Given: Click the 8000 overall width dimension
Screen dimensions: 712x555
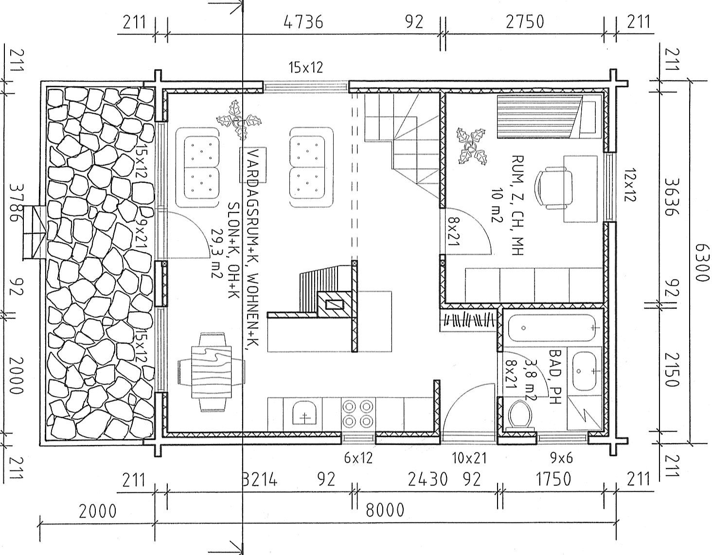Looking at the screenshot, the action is [x=385, y=510].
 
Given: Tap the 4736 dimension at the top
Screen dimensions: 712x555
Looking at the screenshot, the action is [x=303, y=22].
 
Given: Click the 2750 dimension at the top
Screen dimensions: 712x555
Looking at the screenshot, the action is [x=525, y=21].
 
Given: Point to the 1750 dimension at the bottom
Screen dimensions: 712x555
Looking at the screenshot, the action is [x=553, y=479].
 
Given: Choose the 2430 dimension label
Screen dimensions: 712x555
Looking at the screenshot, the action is [x=427, y=480].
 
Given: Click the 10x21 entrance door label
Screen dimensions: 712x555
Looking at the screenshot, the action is [x=469, y=458].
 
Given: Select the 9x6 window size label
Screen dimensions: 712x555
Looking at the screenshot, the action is [x=561, y=458].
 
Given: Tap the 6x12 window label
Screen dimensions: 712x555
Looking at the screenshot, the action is [x=358, y=458].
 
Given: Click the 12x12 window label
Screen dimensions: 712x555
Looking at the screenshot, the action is [x=630, y=185].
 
